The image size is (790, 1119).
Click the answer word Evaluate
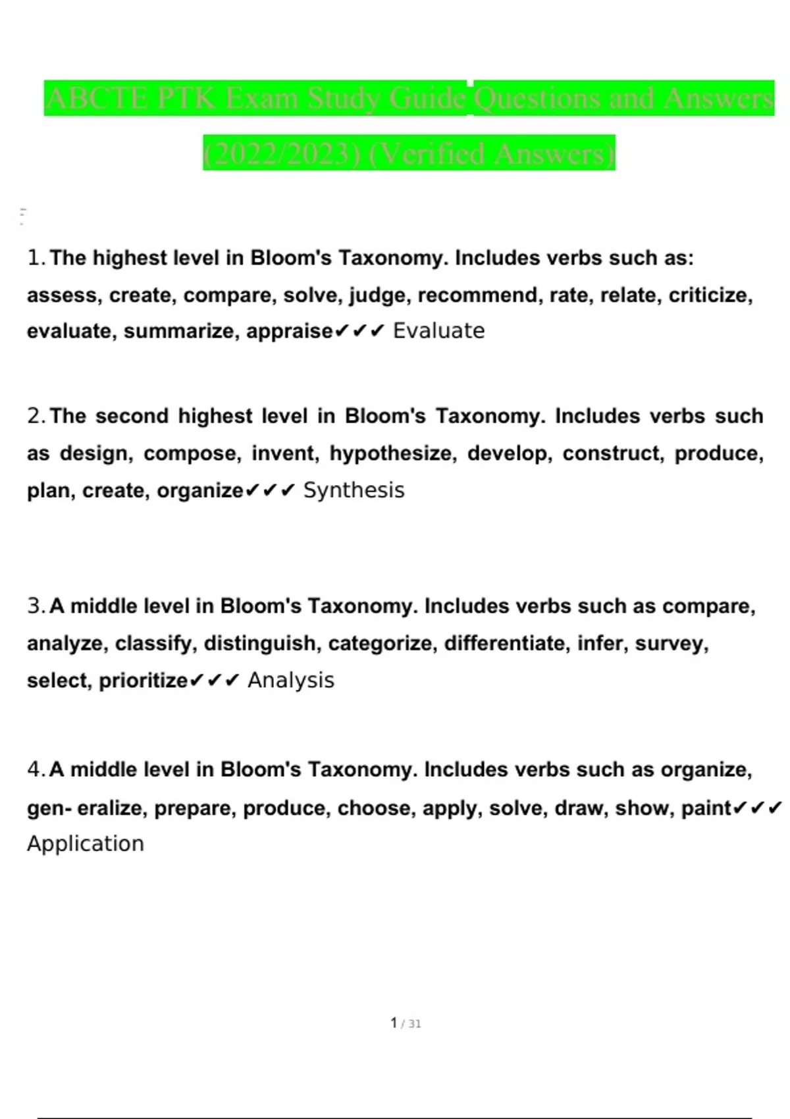tap(438, 330)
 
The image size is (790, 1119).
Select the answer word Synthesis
tap(354, 490)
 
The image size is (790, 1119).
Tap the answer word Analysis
tap(290, 680)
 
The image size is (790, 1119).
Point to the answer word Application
tap(86, 844)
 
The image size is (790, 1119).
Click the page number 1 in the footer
tap(394, 1023)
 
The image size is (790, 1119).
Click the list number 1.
tap(34, 258)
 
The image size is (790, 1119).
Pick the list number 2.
tap(34, 416)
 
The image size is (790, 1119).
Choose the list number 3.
tap(34, 606)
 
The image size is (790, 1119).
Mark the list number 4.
tap(34, 769)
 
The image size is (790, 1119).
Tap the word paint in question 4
tap(706, 808)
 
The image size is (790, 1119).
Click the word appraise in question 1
tap(290, 331)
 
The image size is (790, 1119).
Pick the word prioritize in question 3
tap(143, 681)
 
